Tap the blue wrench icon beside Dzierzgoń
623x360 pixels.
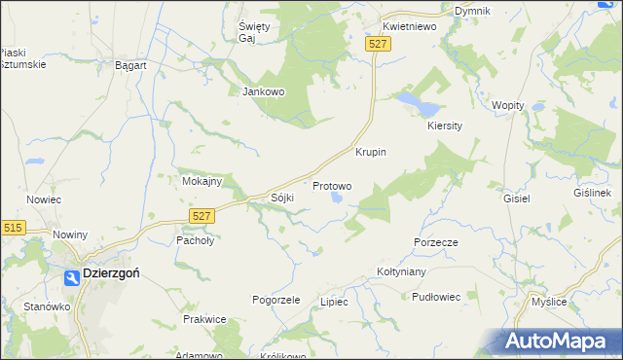(x=72, y=277)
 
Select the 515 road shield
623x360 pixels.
(x=13, y=227)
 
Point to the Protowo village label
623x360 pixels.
(x=332, y=185)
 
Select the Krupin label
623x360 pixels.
(x=371, y=152)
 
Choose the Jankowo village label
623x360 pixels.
(x=262, y=91)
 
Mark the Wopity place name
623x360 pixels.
(x=508, y=105)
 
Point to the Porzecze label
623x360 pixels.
(x=435, y=241)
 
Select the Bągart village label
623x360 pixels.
(x=130, y=65)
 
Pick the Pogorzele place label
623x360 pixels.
(x=275, y=300)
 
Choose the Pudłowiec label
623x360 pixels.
(x=435, y=297)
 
